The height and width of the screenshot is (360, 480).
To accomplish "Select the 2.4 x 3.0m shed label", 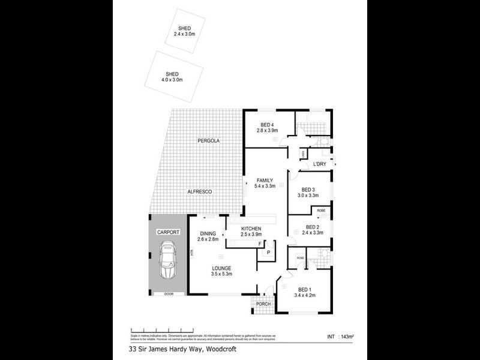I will click(184, 31).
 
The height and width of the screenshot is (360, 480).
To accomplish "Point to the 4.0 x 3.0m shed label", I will click(172, 76).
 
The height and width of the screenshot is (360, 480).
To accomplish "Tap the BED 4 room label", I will click(268, 127).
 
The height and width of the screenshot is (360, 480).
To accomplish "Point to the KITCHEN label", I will click(251, 229).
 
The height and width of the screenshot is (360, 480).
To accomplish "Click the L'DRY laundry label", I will click(319, 164).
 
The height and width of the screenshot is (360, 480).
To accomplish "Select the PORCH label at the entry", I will click(263, 304).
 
